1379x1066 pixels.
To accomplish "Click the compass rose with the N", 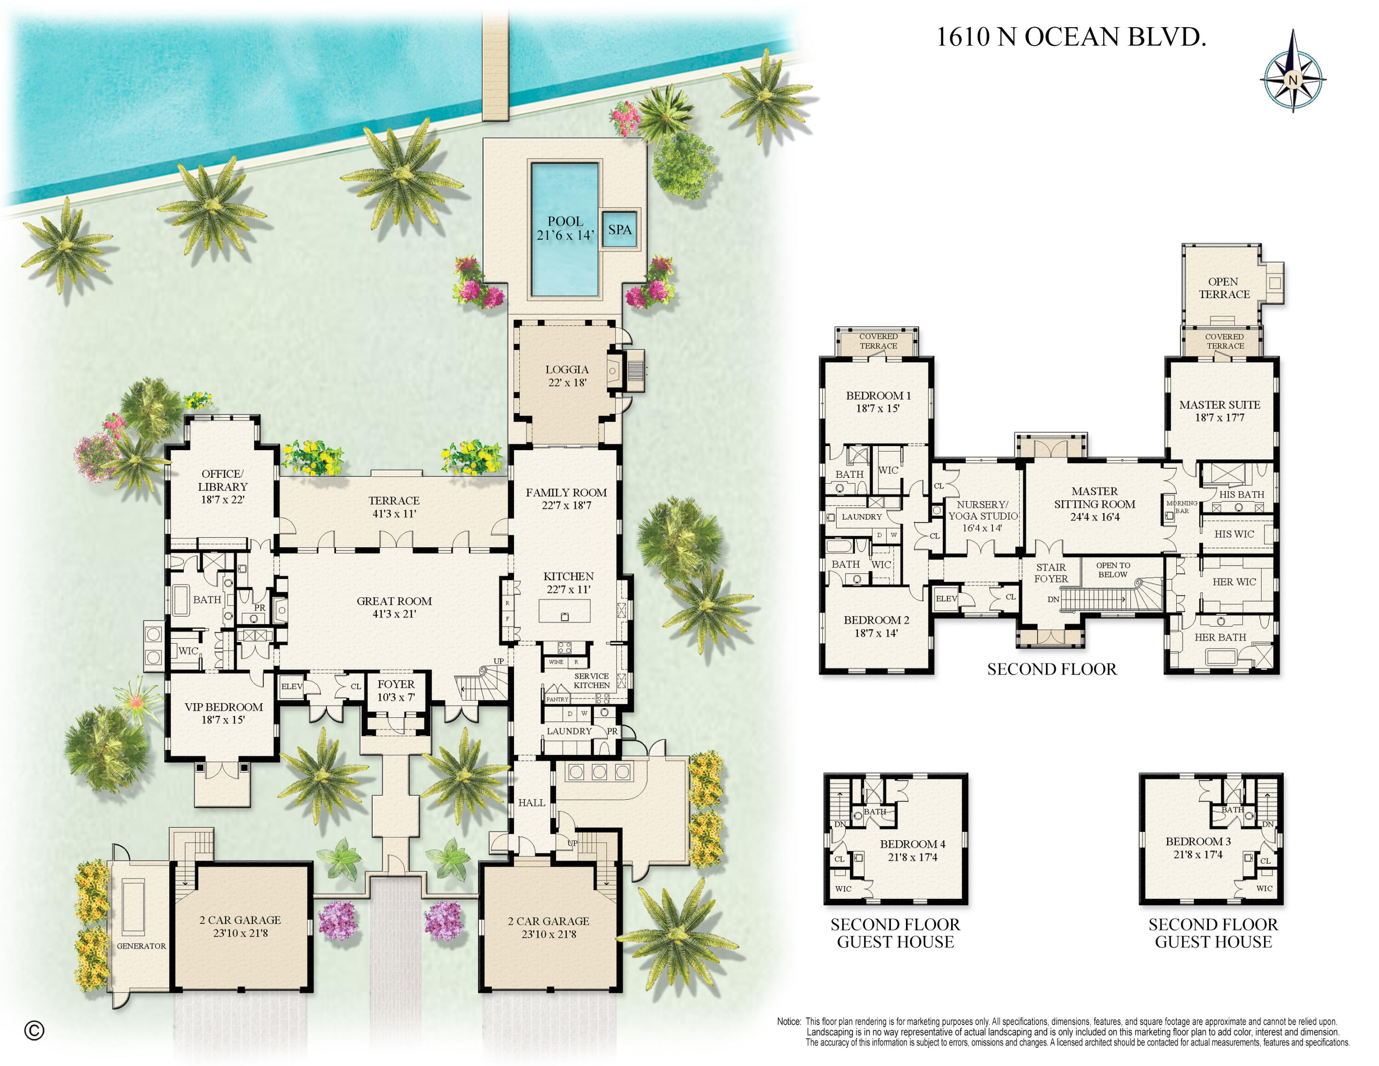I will [1292, 80].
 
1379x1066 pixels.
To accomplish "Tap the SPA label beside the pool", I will [620, 230].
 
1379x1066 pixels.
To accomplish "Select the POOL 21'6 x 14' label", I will [565, 228].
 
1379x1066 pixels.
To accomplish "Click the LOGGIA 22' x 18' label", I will [566, 376].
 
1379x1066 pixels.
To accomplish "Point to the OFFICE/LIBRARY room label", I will [222, 486].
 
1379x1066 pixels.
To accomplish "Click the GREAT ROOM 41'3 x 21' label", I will [394, 607].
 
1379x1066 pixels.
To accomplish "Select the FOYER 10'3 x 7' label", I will [396, 690].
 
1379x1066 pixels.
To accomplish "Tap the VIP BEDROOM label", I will [223, 713].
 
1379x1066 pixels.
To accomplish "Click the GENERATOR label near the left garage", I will [141, 946].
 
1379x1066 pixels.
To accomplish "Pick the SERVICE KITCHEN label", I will [591, 680].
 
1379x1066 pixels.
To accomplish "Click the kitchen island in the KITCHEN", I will [564, 611].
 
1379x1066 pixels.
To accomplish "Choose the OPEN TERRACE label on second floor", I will [1224, 288].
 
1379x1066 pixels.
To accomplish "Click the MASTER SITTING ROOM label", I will [1094, 503].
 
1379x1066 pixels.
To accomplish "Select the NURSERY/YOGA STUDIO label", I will [982, 516].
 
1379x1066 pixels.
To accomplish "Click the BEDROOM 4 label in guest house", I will [912, 850].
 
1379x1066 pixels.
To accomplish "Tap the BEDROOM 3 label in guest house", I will [1198, 848].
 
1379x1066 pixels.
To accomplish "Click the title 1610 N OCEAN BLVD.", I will [1070, 37].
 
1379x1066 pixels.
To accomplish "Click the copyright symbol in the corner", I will [34, 1031].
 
